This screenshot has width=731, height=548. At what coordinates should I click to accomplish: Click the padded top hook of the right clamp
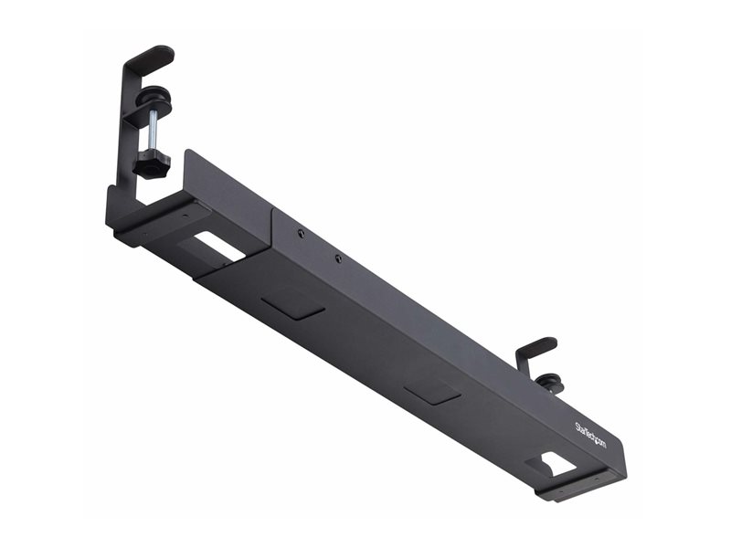click(536, 347)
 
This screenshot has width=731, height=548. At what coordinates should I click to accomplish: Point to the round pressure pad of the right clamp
click(548, 382)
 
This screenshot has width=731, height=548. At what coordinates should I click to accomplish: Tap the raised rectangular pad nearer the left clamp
click(292, 305)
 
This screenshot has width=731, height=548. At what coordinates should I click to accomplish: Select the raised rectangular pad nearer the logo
click(432, 391)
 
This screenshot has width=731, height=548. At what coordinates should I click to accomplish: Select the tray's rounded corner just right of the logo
click(621, 448)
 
